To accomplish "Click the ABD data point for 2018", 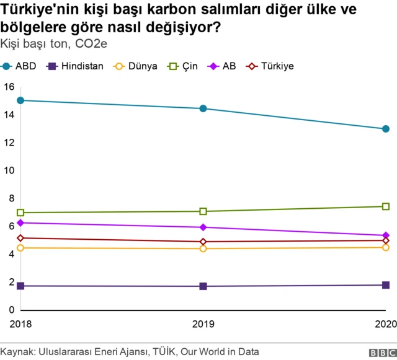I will point(20,100).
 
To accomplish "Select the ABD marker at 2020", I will point(385,129).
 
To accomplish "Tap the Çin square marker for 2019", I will point(203,211).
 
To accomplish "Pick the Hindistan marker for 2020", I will point(385,285).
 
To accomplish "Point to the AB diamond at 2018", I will point(20,222).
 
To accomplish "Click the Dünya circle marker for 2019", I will point(203,248).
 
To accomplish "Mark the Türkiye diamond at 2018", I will point(20,238).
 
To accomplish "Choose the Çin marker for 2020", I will point(385,206).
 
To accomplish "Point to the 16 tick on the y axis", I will point(9,87).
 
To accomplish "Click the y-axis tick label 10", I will point(9,170).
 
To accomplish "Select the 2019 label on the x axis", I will point(203,323).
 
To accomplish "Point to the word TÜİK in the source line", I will point(164,352).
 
